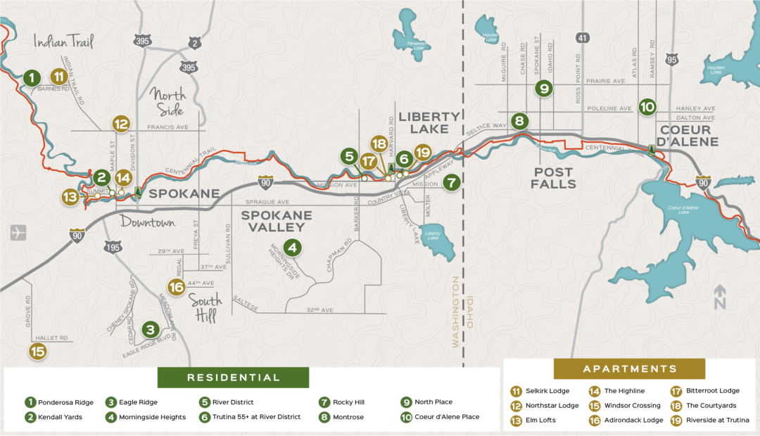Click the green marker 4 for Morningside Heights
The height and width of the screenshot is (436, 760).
click(292, 248)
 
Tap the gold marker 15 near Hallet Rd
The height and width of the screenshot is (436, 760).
click(37, 352)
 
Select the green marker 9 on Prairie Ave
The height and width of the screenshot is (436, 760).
click(543, 88)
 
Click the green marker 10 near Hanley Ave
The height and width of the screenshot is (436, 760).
click(647, 107)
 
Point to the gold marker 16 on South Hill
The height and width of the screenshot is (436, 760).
click(176, 286)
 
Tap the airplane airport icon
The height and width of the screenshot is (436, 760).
click(19, 233)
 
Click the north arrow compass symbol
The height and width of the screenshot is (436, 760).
click(719, 297)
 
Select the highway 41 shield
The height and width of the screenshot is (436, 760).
click(581, 37)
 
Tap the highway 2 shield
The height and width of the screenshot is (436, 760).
click(195, 44)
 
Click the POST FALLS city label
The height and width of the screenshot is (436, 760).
click(555, 178)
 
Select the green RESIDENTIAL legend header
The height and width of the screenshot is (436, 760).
click(233, 378)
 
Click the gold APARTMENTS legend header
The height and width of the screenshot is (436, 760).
click(629, 369)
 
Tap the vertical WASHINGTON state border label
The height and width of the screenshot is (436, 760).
click(455, 312)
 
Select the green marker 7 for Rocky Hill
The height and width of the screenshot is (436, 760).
click(452, 182)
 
